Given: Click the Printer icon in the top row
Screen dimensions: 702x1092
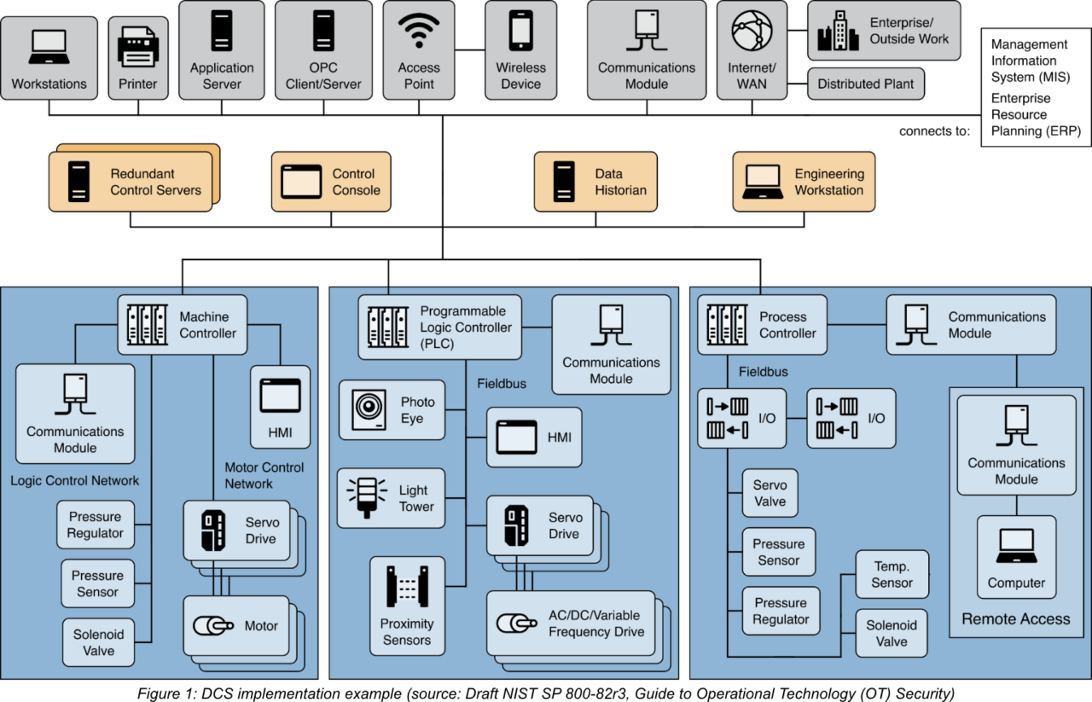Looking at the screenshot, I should (137, 46).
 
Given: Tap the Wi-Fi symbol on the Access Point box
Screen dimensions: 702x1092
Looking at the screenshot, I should (418, 32).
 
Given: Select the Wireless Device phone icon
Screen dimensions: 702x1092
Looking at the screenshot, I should (520, 32).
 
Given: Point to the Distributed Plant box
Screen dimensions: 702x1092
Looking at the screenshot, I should (865, 84).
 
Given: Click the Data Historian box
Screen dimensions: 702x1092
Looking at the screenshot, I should (595, 181).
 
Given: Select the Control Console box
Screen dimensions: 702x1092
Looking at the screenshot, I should (331, 181).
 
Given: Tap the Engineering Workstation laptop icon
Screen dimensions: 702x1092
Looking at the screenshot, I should (763, 181).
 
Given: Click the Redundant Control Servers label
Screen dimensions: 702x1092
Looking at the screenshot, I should (155, 182).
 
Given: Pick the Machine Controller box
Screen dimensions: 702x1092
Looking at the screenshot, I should (182, 324).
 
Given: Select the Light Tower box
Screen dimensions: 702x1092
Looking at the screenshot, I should (392, 498).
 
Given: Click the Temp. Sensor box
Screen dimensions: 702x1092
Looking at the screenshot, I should (892, 574).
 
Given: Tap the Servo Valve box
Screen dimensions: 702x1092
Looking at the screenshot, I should (770, 493).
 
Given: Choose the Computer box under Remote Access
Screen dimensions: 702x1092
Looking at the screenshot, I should (1016, 556).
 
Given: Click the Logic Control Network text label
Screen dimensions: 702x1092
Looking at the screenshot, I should (74, 480).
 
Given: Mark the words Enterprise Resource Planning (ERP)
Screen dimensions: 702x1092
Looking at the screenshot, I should (1036, 114).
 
